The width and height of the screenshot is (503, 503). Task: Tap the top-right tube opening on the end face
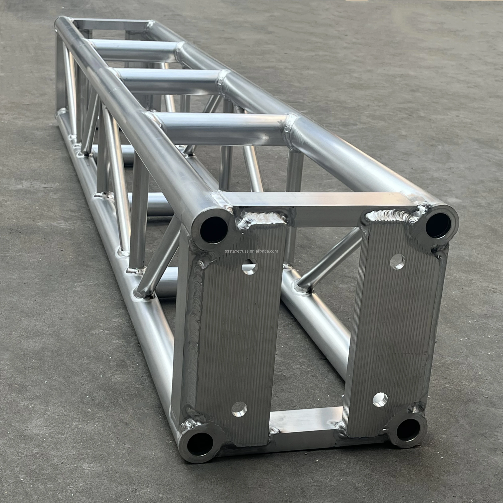click(438, 225)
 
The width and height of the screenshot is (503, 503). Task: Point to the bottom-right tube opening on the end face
click(408, 429)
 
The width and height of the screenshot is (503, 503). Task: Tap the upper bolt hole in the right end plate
click(397, 262)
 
